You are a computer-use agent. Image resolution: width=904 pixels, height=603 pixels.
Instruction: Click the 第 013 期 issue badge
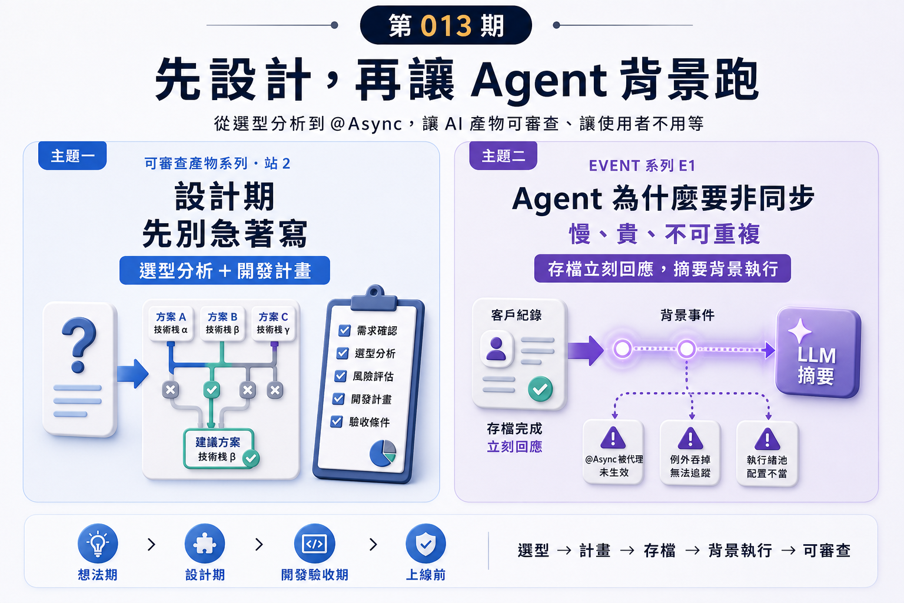pos(446,25)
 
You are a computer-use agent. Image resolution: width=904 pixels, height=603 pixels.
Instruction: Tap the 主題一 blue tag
pos(72,155)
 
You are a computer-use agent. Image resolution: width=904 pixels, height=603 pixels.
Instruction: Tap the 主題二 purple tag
pos(503,155)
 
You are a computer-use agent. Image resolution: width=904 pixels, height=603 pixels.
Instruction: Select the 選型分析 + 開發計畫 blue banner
pos(225,270)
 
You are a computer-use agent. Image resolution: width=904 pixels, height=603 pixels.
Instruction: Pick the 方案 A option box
pos(171,323)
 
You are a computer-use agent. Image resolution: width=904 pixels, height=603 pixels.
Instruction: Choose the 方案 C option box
pos(273,323)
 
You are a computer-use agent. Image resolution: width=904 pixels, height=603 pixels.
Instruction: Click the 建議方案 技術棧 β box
pos(219,449)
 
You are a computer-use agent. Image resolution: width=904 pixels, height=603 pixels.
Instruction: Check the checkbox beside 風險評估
pos(341,376)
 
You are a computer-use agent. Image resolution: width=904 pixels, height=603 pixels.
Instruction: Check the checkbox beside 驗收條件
pos(337,422)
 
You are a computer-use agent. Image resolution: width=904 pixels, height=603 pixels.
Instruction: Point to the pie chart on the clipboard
pos(383,453)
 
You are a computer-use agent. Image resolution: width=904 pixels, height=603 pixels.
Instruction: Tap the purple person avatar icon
pos(496,349)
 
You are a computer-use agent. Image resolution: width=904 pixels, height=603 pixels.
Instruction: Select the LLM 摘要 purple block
pos(818,352)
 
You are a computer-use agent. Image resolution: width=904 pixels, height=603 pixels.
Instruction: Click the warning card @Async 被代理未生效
pos(613,452)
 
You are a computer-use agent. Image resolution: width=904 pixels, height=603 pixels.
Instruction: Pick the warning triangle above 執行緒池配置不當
pos(767,439)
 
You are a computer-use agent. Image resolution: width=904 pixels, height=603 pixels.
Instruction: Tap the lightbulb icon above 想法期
pos(98,544)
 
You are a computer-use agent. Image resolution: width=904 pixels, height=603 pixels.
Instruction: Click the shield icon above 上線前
pos(426,544)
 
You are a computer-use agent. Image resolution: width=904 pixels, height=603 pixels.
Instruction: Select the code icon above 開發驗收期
pos(315,544)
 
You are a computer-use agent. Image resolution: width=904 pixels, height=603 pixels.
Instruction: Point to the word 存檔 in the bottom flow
pos(659,551)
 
